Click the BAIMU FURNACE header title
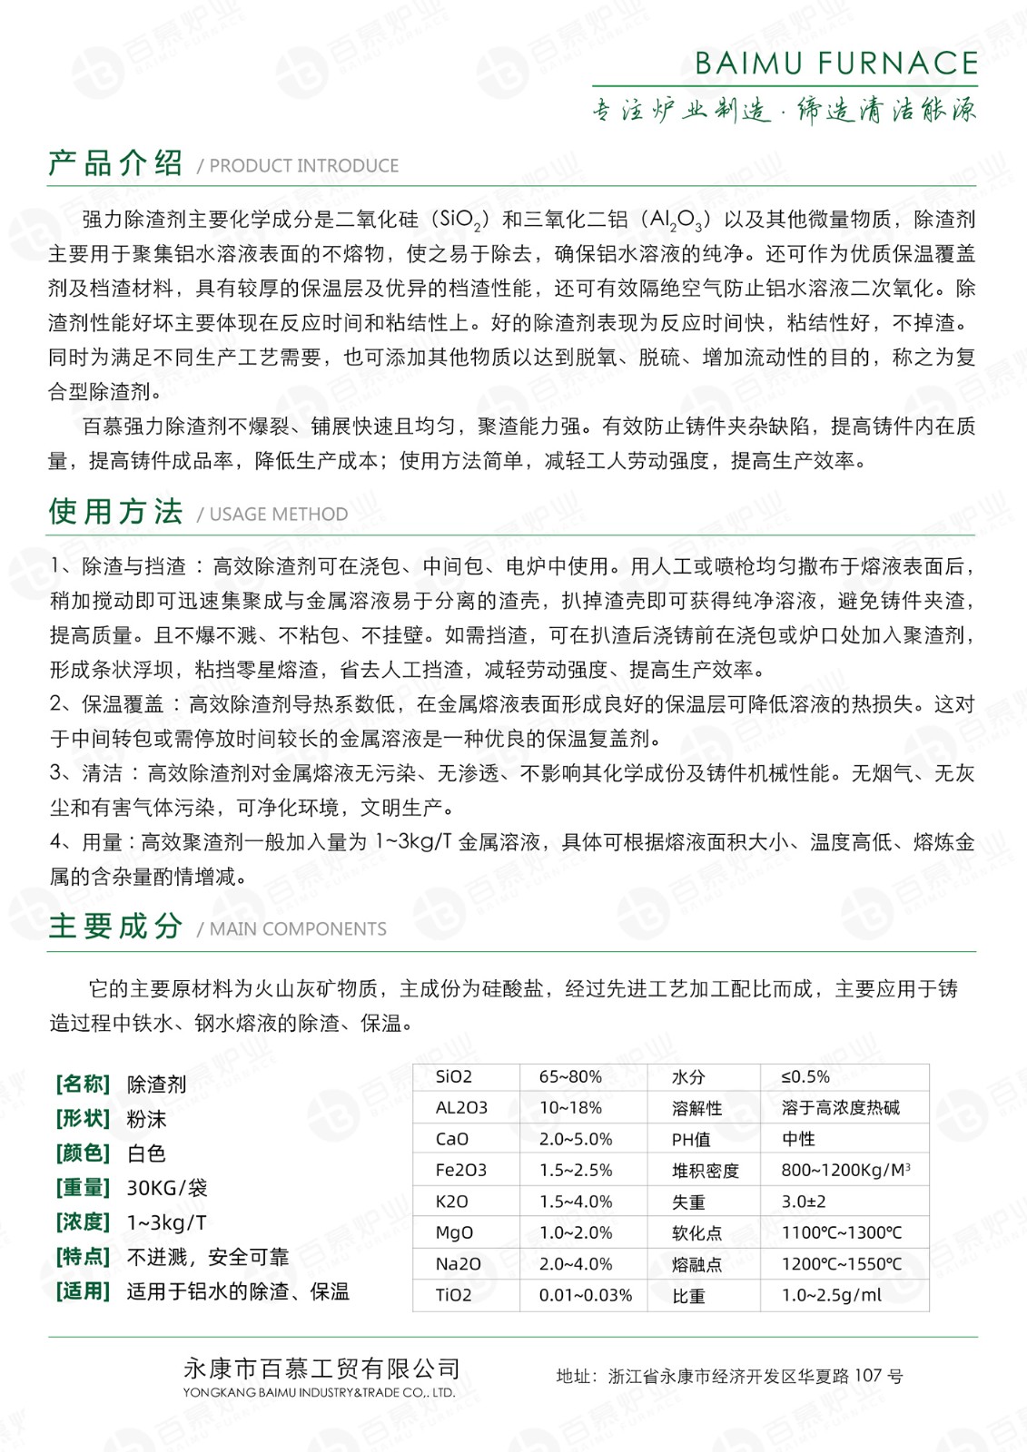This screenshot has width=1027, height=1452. pyautogui.click(x=835, y=63)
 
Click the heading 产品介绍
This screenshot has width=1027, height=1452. pyautogui.click(x=115, y=163)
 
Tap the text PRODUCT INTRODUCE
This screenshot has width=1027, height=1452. pyautogui.click(x=303, y=166)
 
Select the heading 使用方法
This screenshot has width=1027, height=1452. pyautogui.click(x=115, y=512)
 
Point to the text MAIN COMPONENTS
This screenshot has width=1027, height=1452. pyautogui.click(x=297, y=929)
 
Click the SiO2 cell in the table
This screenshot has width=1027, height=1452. pyautogui.click(x=454, y=1077)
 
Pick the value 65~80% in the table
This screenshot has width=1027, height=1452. pyautogui.click(x=570, y=1077)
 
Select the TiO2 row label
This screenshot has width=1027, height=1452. pyautogui.click(x=453, y=1295)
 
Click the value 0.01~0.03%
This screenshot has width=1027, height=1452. pyautogui.click(x=585, y=1295)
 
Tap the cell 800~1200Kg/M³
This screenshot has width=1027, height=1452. pyautogui.click(x=845, y=1171)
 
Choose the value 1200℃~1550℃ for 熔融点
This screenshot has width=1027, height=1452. pyautogui.click(x=842, y=1264)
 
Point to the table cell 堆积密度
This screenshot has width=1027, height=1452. pyautogui.click(x=705, y=1171)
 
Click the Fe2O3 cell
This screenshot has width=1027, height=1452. pyautogui.click(x=461, y=1171)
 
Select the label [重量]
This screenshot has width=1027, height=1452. pyautogui.click(x=83, y=1188)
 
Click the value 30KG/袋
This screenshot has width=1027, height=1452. pyautogui.click(x=167, y=1188)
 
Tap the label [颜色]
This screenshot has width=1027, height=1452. pyautogui.click(x=83, y=1153)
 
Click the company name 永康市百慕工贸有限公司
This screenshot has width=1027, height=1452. pyautogui.click(x=321, y=1369)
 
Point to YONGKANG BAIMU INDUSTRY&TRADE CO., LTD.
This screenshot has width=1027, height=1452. pyautogui.click(x=319, y=1393)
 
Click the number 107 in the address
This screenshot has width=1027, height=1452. pyautogui.click(x=868, y=1377)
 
